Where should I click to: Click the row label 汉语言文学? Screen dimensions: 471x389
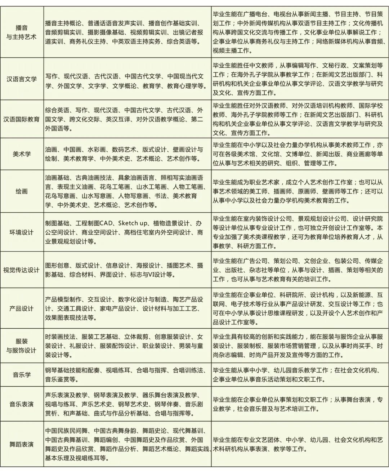click(x=22, y=79)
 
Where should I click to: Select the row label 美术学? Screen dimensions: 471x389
click(x=22, y=154)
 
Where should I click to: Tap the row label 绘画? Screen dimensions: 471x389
click(x=22, y=191)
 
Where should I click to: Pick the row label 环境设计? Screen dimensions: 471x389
click(x=22, y=232)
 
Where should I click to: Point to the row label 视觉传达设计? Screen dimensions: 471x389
click(x=22, y=270)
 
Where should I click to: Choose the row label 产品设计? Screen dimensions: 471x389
click(x=22, y=308)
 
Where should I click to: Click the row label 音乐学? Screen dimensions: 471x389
click(x=22, y=375)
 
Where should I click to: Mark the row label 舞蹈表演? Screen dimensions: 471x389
click(x=22, y=444)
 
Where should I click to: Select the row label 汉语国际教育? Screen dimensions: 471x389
click(x=22, y=119)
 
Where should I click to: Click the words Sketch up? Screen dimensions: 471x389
click(x=132, y=223)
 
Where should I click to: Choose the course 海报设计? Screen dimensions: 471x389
click(x=148, y=265)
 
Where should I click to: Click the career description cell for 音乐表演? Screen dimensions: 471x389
click(x=300, y=404)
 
